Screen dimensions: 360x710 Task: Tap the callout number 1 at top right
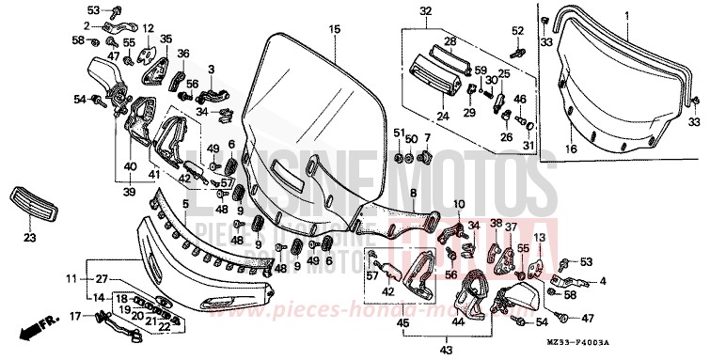click(626, 16)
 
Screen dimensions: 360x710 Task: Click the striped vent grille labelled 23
click(27, 198)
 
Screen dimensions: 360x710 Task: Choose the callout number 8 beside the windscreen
click(413, 192)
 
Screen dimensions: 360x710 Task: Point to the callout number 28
click(450, 41)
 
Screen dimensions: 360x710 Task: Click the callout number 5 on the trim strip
click(186, 203)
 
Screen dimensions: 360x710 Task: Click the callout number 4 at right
click(604, 280)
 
